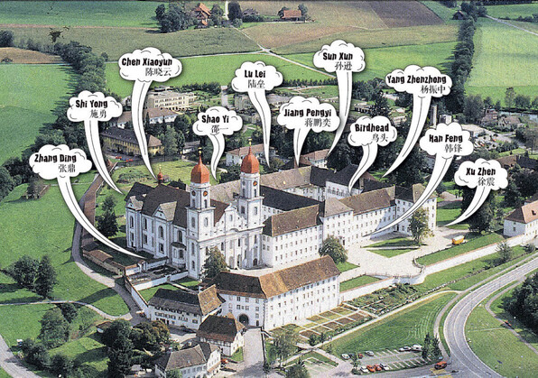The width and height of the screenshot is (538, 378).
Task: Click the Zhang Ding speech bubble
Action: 60,162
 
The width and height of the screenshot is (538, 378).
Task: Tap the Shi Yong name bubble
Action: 95,106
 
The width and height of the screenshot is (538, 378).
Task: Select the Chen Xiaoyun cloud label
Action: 150,65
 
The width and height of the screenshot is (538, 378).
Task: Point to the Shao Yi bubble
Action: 218,124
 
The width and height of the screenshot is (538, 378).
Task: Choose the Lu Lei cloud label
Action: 257,77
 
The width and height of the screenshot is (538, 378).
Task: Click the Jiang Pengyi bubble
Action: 308,115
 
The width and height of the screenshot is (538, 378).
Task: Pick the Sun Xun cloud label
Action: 339,57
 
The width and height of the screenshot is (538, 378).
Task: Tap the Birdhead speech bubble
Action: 372,133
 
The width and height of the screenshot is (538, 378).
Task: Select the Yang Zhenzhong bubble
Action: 418,82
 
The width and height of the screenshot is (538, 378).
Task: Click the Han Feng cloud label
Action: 447,141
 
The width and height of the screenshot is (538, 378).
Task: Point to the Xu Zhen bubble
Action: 481,175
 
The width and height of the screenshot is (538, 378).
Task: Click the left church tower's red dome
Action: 200,171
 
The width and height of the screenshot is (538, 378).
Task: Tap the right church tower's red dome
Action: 250,162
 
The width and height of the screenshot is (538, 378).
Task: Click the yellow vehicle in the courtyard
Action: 458,240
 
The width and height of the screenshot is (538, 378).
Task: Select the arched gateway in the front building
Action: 244,319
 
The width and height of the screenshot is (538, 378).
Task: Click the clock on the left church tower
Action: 205,194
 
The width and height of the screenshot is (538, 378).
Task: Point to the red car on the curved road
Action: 441,364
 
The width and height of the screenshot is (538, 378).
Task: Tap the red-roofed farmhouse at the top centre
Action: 292,14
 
